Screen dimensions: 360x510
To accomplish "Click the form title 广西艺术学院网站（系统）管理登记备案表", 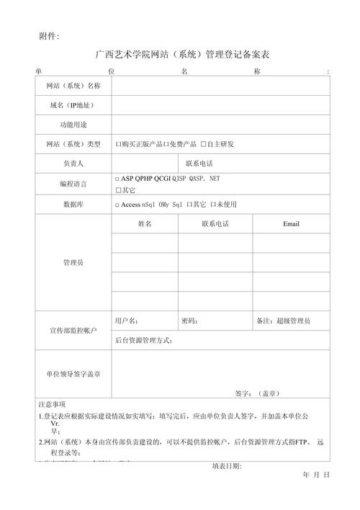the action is click(x=182, y=55).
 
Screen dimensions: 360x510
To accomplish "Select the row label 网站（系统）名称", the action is click(x=73, y=86).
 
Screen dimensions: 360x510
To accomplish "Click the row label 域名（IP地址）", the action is click(x=73, y=106).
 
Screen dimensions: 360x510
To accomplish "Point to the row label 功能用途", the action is click(x=73, y=125).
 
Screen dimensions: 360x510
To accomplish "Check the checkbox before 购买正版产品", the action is click(x=118, y=145).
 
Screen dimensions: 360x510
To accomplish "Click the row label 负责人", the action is click(x=73, y=164).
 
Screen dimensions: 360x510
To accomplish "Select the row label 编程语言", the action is click(x=73, y=184).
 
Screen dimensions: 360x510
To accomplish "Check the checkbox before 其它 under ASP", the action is click(x=118, y=191).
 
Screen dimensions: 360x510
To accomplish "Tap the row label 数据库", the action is click(x=73, y=205).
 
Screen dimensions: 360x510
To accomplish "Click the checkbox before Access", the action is click(x=117, y=205).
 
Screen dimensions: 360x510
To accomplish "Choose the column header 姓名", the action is click(x=145, y=224).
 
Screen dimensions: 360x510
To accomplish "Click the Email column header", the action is click(x=291, y=224).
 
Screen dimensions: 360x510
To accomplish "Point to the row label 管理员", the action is click(x=73, y=263).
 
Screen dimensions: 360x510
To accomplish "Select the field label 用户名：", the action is click(x=127, y=321).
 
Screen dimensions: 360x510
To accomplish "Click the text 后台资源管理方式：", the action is click(x=144, y=340).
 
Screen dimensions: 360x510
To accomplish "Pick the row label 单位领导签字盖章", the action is click(x=73, y=375).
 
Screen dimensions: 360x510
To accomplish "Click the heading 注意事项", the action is click(x=53, y=405).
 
